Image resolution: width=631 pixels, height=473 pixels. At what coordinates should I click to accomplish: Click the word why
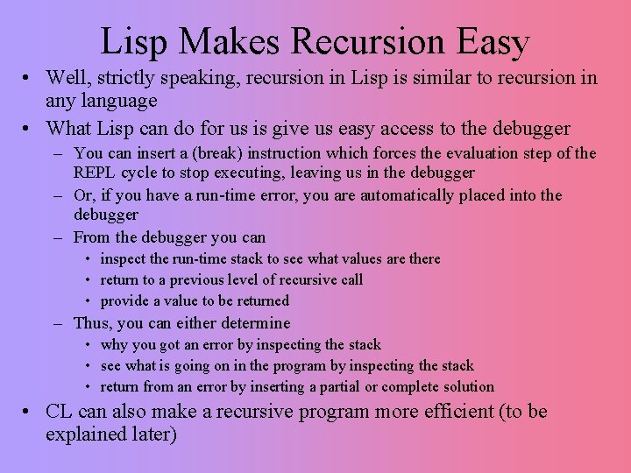pyautogui.click(x=114, y=344)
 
